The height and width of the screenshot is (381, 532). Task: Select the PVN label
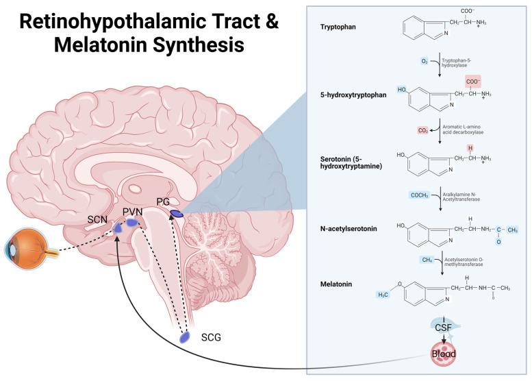132,212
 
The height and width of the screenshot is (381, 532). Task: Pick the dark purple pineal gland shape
177,214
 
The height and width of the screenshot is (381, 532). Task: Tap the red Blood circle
442,354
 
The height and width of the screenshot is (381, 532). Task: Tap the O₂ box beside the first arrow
424,61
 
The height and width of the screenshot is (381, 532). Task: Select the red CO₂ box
423,129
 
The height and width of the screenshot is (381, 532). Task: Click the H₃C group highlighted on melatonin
384,295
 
